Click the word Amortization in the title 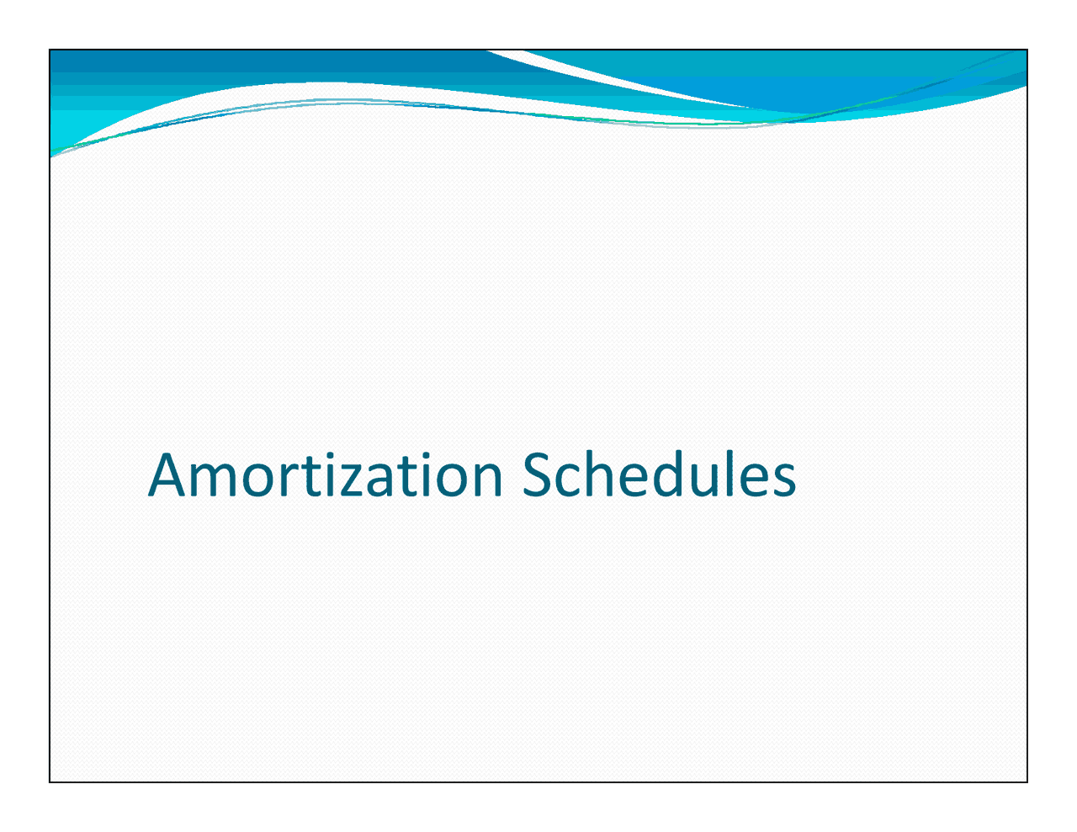click(x=325, y=475)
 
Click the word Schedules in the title click(x=659, y=475)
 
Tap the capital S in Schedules click(x=538, y=475)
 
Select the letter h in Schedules click(x=606, y=475)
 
